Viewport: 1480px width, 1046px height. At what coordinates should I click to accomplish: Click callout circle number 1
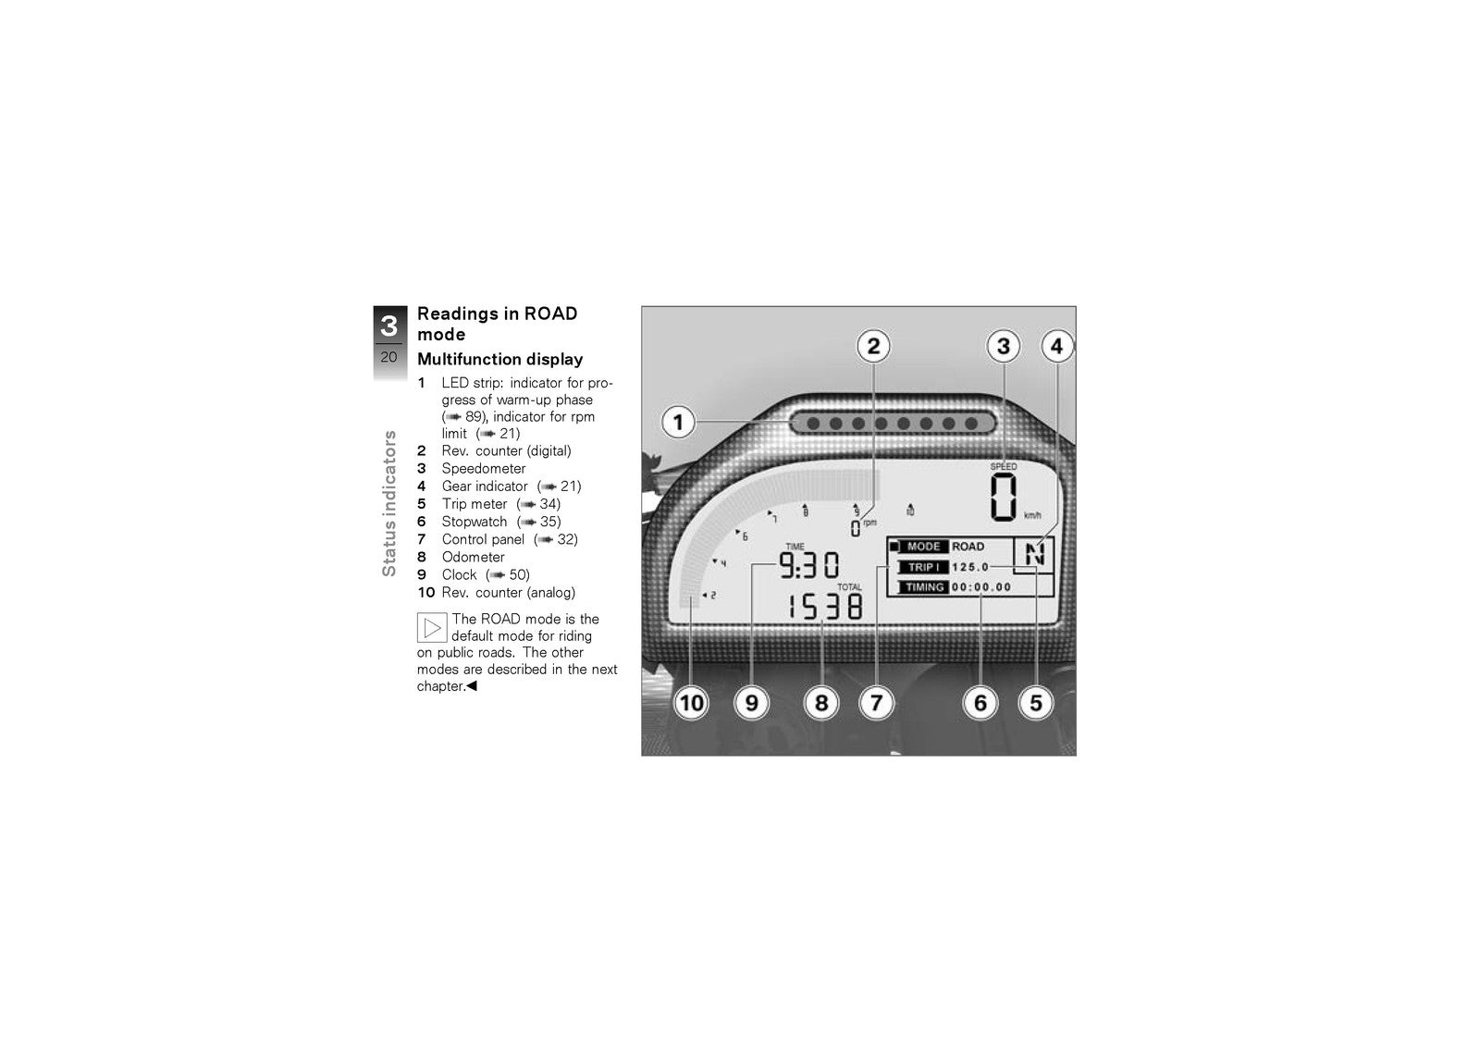click(x=678, y=423)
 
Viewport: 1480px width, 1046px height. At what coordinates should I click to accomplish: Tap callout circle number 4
click(x=1056, y=346)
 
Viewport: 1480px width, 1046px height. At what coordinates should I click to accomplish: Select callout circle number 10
click(x=691, y=703)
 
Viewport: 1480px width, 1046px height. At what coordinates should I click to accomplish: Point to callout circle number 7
click(x=876, y=703)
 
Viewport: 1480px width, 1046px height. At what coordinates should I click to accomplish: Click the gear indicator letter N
click(x=1035, y=554)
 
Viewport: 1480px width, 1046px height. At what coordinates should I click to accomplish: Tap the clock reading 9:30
click(x=809, y=565)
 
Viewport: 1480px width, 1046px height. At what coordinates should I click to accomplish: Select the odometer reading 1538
click(x=825, y=606)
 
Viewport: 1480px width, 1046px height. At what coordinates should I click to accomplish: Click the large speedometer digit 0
click(x=1003, y=497)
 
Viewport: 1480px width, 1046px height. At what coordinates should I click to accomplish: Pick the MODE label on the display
click(x=924, y=547)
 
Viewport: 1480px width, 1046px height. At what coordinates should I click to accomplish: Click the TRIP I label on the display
click(x=923, y=567)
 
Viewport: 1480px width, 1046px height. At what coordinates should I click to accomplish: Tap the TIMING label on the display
click(x=924, y=586)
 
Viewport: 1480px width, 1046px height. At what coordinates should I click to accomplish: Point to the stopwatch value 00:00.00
click(x=981, y=586)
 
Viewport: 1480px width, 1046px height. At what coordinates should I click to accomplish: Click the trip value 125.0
click(x=970, y=567)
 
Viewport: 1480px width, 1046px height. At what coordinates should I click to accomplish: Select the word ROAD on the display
click(x=968, y=547)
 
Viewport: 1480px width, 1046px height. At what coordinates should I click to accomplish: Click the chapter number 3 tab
click(x=389, y=326)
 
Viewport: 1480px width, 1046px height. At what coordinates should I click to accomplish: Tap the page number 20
click(x=389, y=358)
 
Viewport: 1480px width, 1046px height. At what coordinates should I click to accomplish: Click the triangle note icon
click(x=432, y=628)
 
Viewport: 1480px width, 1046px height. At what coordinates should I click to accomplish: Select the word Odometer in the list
click(x=473, y=557)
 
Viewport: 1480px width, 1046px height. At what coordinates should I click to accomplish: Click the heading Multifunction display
click(x=500, y=360)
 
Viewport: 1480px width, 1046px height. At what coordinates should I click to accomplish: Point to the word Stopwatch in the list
click(x=475, y=522)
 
